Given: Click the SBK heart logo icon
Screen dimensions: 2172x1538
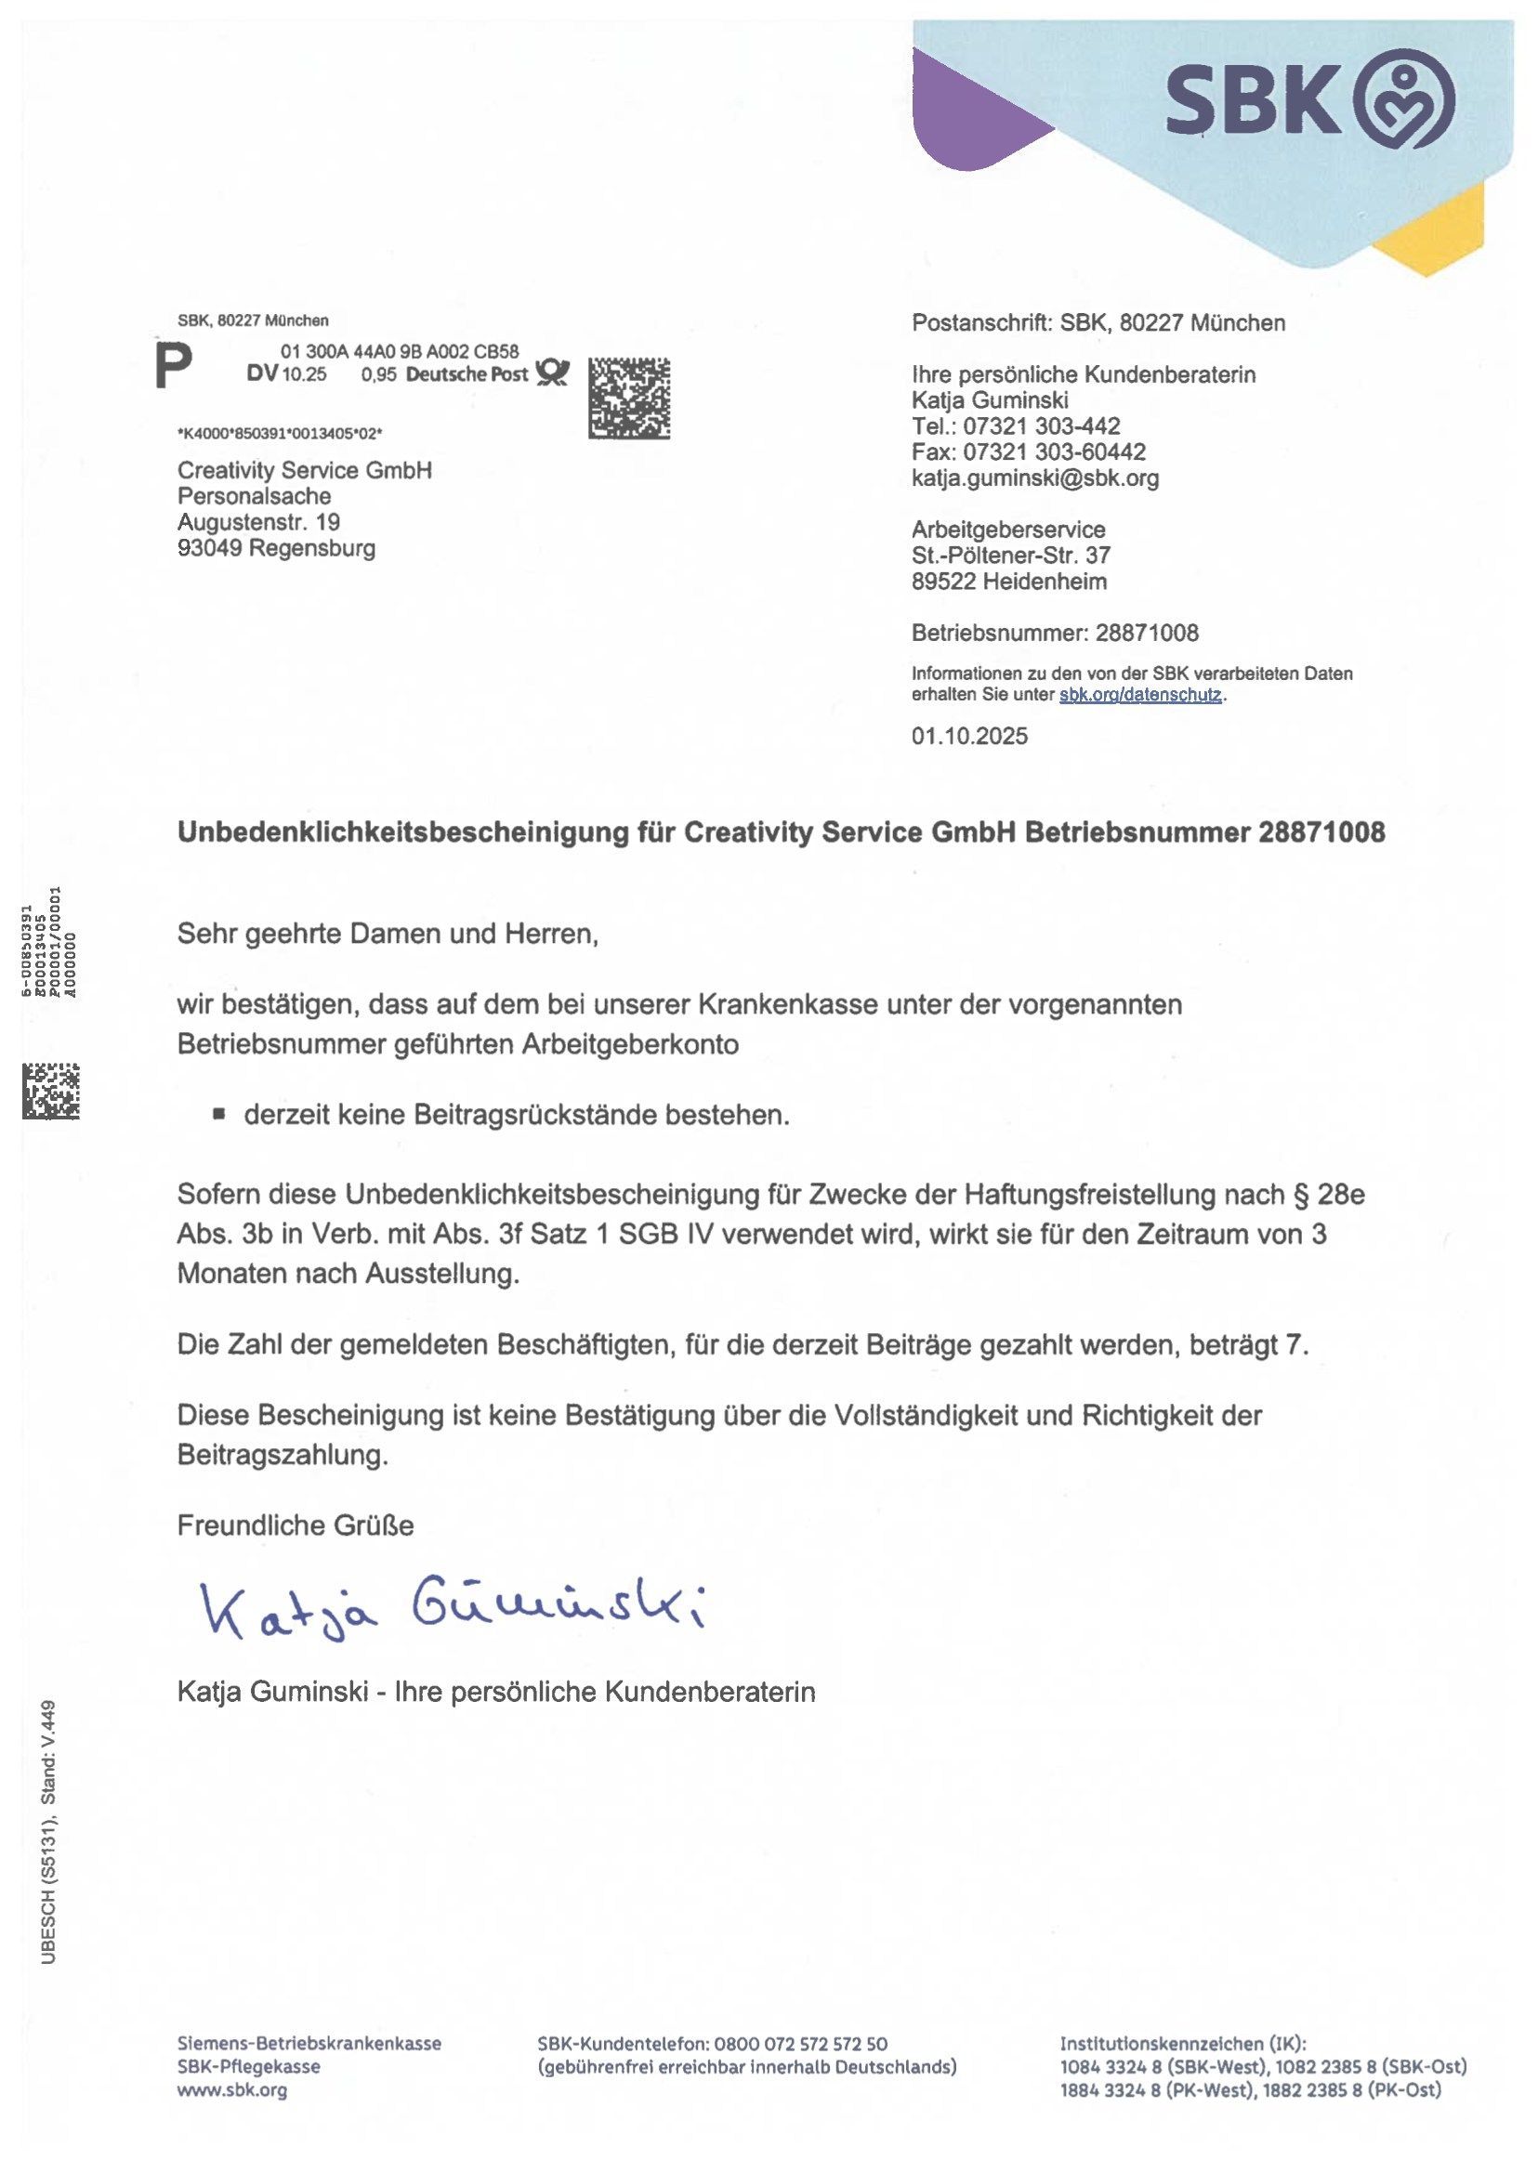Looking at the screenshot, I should tap(1404, 98).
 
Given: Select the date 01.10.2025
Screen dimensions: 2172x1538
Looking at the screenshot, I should tap(969, 736).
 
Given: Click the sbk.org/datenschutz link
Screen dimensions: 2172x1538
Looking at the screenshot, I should tap(1140, 694).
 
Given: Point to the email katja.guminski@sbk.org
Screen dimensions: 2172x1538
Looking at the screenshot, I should tap(1034, 478).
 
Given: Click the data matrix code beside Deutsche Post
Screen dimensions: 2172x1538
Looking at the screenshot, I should tap(629, 398).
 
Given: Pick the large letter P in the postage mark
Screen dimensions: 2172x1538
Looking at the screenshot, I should tap(175, 365).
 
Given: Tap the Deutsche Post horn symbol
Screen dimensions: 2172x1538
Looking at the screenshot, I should tap(552, 373).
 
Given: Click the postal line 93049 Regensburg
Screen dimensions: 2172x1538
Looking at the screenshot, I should tap(276, 548).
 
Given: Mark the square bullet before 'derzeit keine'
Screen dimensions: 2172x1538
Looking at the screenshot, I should tap(218, 1115).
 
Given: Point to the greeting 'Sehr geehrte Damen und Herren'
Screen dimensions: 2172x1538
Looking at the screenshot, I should tap(388, 934).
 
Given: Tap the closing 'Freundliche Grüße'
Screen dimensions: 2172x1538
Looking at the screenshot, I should tap(295, 1525).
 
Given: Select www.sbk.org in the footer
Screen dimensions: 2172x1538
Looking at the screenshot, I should tap(232, 2089).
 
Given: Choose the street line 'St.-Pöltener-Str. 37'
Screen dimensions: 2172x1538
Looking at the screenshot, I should tap(1010, 555).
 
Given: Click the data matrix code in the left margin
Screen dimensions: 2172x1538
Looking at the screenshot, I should tap(51, 1091).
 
